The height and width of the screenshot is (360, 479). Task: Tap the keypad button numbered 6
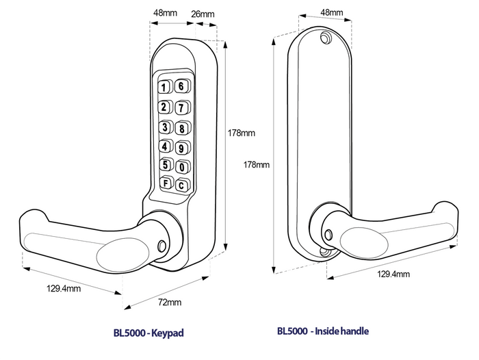(x=181, y=86)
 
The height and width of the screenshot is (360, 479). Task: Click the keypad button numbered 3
(x=166, y=127)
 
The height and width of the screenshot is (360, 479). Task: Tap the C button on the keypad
(x=182, y=184)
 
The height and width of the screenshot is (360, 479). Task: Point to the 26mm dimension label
(x=205, y=14)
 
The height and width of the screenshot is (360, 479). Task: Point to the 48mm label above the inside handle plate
(x=331, y=12)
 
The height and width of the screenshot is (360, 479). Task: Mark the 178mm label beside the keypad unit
(x=240, y=133)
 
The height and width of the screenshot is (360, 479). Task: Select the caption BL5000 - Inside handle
(x=323, y=331)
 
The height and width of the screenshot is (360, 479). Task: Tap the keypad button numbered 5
(x=166, y=165)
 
